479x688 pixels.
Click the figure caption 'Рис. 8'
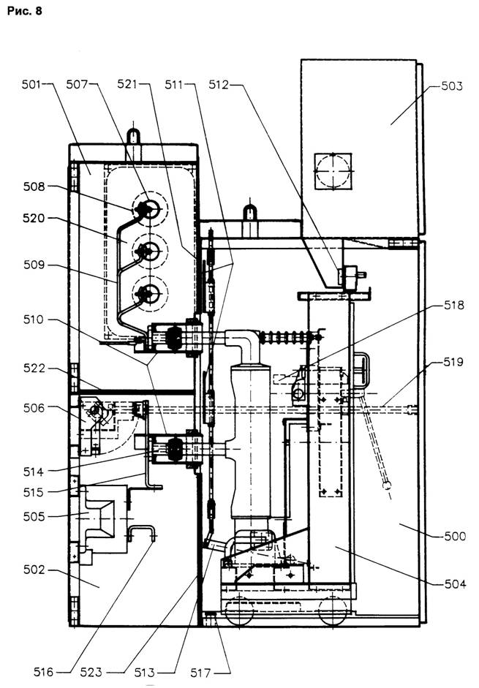pyautogui.click(x=25, y=11)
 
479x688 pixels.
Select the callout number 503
pyautogui.click(x=452, y=86)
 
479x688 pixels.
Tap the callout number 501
pyautogui.click(x=31, y=84)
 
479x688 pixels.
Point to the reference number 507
pyautogui.click(x=77, y=84)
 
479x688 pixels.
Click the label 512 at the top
pyautogui.click(x=219, y=84)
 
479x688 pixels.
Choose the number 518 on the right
pyautogui.click(x=453, y=305)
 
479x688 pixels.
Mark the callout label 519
pyautogui.click(x=453, y=362)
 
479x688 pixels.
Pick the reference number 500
pyautogui.click(x=455, y=536)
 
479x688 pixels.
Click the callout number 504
pyautogui.click(x=455, y=584)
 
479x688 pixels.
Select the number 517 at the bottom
pyautogui.click(x=201, y=672)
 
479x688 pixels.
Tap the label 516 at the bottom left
pyautogui.click(x=43, y=672)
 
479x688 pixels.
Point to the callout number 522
pyautogui.click(x=34, y=368)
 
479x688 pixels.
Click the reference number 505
pyautogui.click(x=34, y=516)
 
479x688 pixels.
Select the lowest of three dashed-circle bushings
pyautogui.click(x=149, y=293)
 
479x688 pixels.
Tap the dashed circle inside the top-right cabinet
pyautogui.click(x=333, y=171)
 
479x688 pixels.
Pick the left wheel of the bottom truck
pyautogui.click(x=239, y=610)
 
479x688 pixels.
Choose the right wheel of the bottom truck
pyautogui.click(x=333, y=610)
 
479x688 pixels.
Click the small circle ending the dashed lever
pyautogui.click(x=386, y=486)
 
